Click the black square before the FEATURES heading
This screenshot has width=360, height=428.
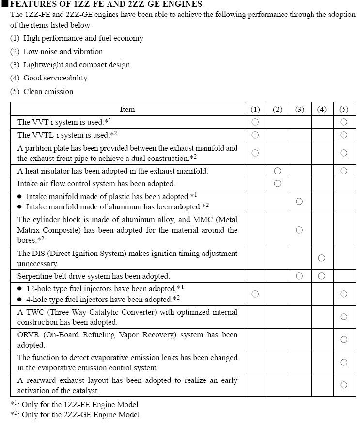(x=5, y=4)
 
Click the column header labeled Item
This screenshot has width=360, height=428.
(x=127, y=110)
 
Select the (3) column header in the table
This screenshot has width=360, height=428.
(x=299, y=110)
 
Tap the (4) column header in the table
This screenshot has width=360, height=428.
(x=322, y=110)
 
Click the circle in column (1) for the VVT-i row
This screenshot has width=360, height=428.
(x=255, y=122)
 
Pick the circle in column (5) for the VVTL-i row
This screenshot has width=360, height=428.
(x=344, y=135)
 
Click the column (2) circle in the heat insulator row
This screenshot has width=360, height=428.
(x=277, y=171)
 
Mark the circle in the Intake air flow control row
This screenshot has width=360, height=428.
(x=277, y=184)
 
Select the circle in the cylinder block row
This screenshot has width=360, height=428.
(x=299, y=230)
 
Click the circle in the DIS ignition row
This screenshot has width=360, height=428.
(x=322, y=258)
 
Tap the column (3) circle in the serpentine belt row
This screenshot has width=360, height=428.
(x=299, y=276)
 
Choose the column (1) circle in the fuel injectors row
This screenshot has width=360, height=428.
(x=255, y=294)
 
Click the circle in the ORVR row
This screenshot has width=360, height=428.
(x=344, y=339)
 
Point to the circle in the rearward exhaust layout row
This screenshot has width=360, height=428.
(x=344, y=385)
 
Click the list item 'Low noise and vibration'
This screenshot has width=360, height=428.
(x=63, y=52)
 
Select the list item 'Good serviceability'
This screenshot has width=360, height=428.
(x=55, y=78)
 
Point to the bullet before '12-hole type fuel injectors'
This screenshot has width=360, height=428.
(x=20, y=289)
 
